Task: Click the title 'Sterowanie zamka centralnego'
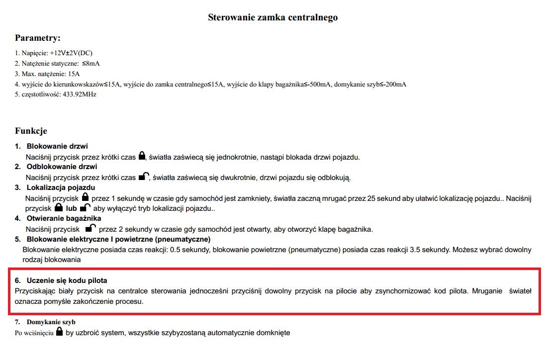coord(273,17)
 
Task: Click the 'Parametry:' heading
coord(38,38)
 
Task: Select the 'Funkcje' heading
coord(31,131)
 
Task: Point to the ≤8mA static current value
coord(91,63)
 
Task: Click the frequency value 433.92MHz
coord(79,94)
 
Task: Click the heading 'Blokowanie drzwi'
coord(57,146)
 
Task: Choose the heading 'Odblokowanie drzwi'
coord(62,167)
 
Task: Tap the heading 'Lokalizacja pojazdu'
coord(61,187)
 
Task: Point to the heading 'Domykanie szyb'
coord(51,322)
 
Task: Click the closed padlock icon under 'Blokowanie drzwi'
coord(142,156)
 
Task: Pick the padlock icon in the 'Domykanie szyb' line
coord(60,332)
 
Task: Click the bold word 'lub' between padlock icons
coord(72,209)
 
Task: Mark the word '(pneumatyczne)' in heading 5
coord(182,239)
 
